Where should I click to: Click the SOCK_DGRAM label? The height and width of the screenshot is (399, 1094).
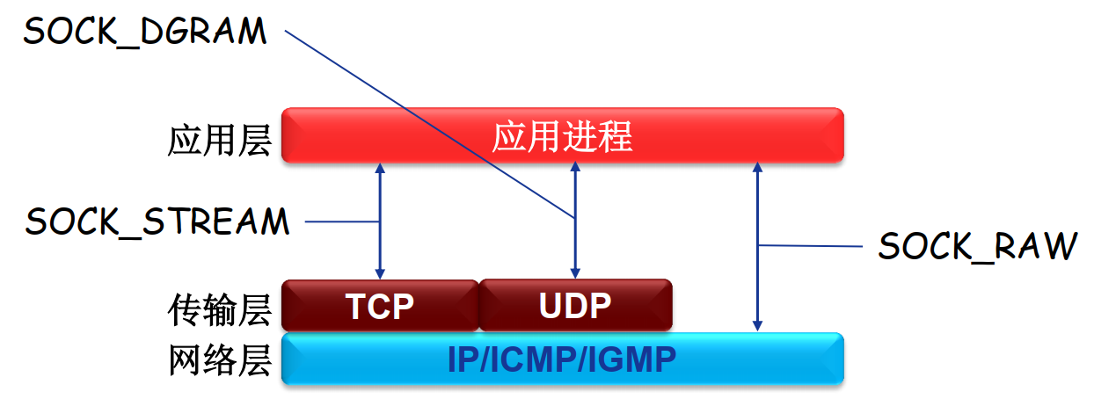coord(144,32)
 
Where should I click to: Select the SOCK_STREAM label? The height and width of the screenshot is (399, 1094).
coord(157,221)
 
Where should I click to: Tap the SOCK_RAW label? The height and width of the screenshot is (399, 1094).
coord(977,247)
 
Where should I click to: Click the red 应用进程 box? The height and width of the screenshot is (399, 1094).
coord(562,136)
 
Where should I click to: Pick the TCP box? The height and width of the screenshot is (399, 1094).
coord(380,306)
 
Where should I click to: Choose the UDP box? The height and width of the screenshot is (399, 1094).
coord(575,306)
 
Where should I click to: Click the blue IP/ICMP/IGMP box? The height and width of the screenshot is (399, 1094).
coord(562,359)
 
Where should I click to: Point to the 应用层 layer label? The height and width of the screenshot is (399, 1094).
coord(219,140)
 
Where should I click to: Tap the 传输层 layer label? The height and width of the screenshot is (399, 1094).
coord(219,308)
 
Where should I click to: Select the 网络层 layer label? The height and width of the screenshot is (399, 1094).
coord(219,360)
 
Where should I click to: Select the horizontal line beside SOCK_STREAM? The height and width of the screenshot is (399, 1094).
coord(342,221)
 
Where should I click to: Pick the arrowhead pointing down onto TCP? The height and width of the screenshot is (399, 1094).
coord(380,272)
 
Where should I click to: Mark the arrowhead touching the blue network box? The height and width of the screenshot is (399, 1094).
coord(757,326)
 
